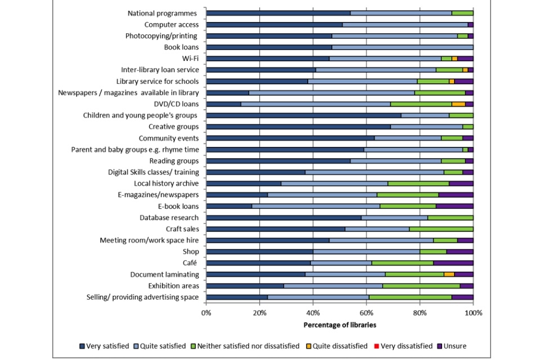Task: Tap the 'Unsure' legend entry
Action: (453, 346)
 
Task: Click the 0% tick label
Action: (206, 313)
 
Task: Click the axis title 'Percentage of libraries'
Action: (340, 325)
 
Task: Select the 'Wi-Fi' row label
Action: (188, 58)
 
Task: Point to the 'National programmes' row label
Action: (163, 13)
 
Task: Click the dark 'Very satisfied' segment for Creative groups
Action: (299, 127)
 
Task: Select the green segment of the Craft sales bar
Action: (441, 229)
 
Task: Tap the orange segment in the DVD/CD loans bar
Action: (458, 104)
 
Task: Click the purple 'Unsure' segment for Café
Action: (453, 263)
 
